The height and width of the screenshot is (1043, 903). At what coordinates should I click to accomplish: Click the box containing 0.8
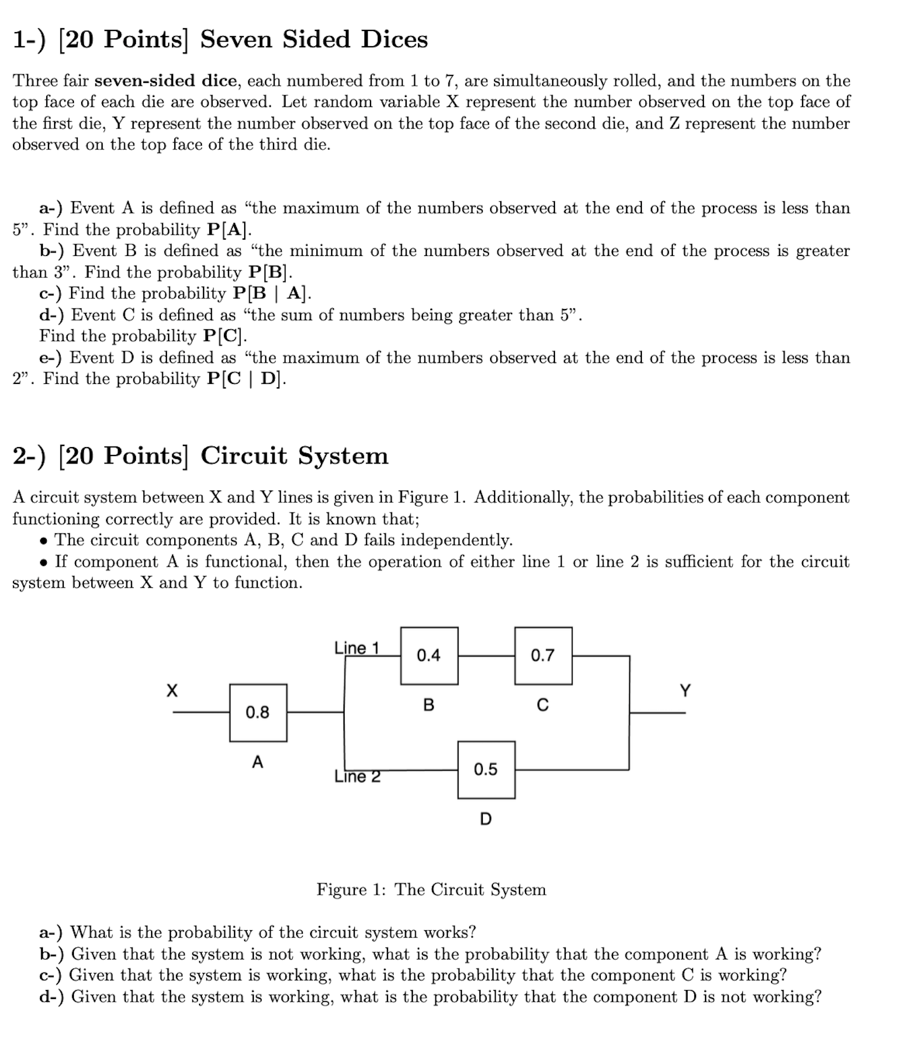pos(258,713)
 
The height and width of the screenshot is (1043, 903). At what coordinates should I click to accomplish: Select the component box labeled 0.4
pos(429,655)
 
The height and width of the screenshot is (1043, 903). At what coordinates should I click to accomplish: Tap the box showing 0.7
pos(543,655)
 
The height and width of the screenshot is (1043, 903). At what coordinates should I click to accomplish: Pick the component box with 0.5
pos(486,770)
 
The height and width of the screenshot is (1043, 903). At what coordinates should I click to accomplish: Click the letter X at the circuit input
pos(172,691)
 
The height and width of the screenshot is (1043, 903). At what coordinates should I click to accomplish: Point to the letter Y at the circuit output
pos(685,691)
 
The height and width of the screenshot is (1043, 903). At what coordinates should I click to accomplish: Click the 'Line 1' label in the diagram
pos(356,648)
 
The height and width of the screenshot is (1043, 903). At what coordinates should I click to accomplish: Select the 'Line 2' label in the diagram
pos(357,777)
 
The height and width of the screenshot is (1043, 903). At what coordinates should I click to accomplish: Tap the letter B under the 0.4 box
pos(429,705)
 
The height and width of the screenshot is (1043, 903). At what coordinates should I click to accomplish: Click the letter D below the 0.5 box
pos(486,819)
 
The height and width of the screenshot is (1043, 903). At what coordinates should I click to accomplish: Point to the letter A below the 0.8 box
pos(258,762)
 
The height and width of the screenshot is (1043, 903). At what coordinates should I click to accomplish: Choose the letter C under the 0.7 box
pos(543,705)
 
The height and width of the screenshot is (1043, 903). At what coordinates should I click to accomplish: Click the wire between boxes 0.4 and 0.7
pos(486,656)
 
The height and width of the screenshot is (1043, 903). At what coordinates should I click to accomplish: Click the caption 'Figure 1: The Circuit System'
pos(431,890)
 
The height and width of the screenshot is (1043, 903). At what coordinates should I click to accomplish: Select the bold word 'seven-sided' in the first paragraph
pos(165,81)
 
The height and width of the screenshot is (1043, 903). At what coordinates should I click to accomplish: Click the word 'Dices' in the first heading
pos(394,39)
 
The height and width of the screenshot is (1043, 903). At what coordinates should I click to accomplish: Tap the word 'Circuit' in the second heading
pos(244,456)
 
